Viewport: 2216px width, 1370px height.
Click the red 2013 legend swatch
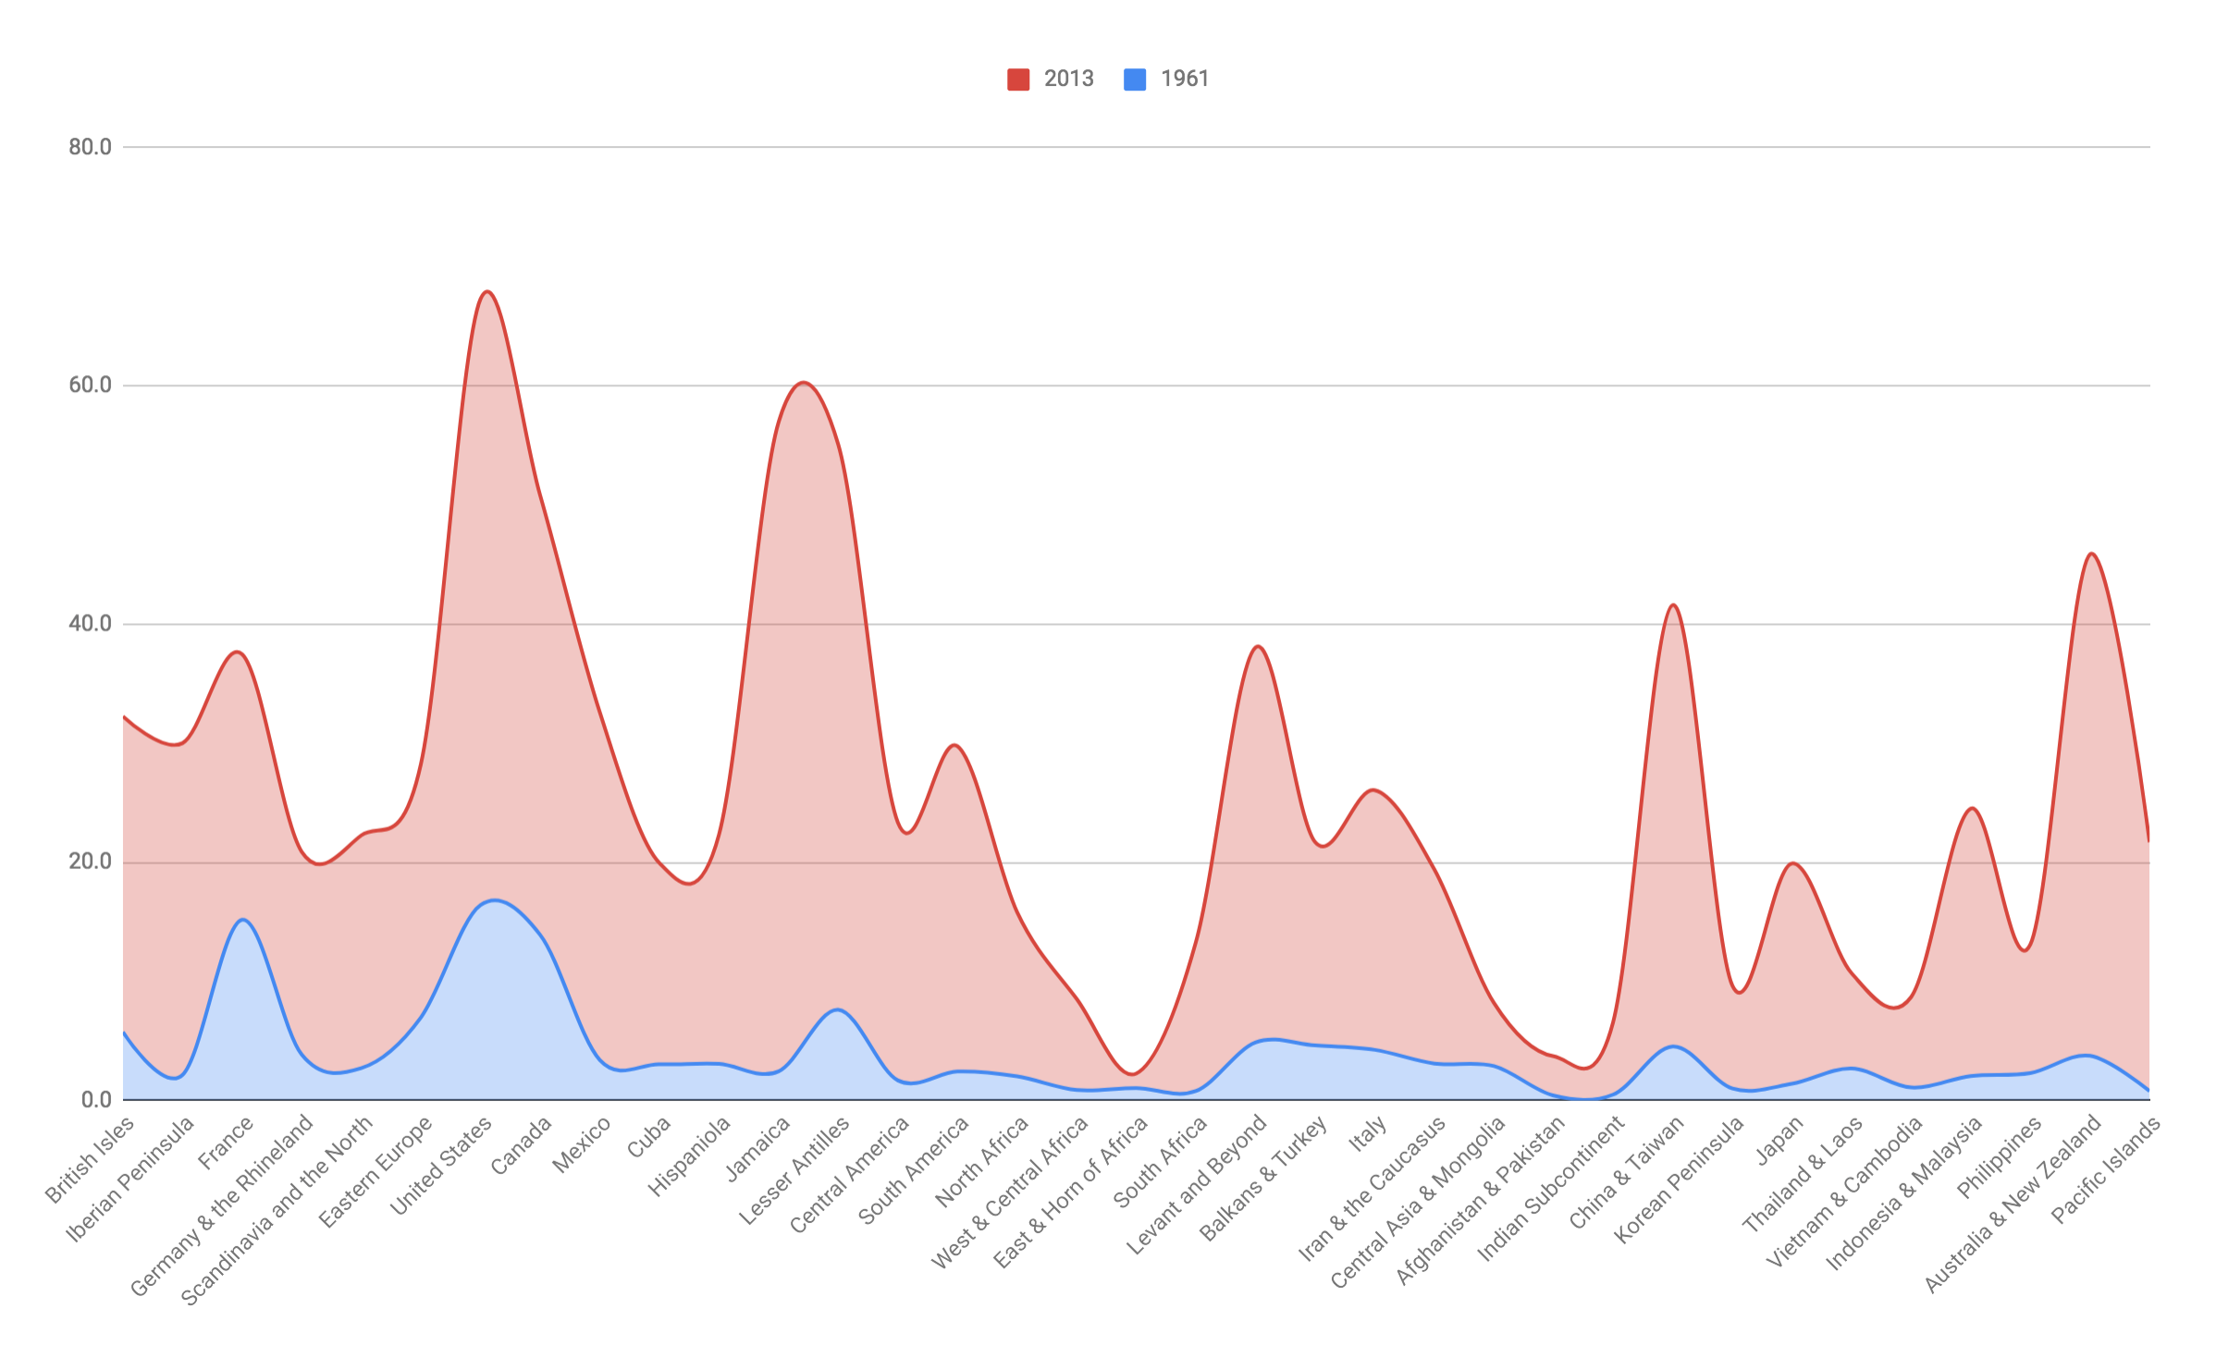1018,80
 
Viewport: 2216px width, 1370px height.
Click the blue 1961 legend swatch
1135,80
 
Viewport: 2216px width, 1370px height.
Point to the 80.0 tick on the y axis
90,147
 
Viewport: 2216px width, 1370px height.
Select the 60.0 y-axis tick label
90,385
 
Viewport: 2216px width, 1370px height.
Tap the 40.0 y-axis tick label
90,624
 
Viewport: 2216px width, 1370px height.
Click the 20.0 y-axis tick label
90,862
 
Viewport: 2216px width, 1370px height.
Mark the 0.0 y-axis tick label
96,1100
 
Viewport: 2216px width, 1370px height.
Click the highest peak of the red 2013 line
487,292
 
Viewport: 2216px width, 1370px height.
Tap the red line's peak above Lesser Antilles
803,383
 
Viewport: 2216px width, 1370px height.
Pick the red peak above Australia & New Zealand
2091,554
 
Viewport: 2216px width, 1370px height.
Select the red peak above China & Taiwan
1673,605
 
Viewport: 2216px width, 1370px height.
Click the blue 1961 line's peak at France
242,920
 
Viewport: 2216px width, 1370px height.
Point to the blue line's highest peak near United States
496,900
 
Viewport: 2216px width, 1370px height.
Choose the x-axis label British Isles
91,1159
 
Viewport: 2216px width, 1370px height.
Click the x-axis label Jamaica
758,1148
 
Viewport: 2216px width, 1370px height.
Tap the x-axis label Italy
1368,1134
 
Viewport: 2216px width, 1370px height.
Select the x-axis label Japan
1780,1140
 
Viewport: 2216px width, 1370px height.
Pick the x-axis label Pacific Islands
2106,1169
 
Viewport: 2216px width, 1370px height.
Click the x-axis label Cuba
648,1137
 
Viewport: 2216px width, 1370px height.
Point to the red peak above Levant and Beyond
1258,647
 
